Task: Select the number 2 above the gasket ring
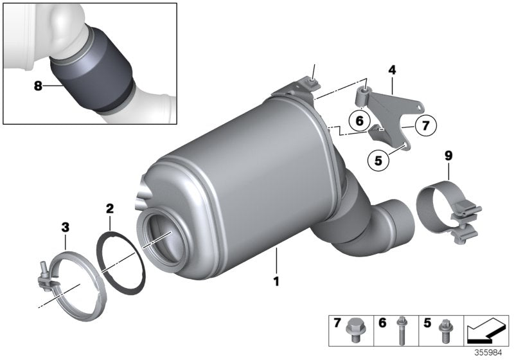(x=110, y=209)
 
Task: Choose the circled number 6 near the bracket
(x=359, y=120)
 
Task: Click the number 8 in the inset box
(x=38, y=85)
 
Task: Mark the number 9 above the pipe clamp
(x=448, y=156)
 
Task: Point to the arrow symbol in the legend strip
(x=485, y=330)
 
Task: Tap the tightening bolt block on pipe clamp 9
(x=465, y=221)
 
